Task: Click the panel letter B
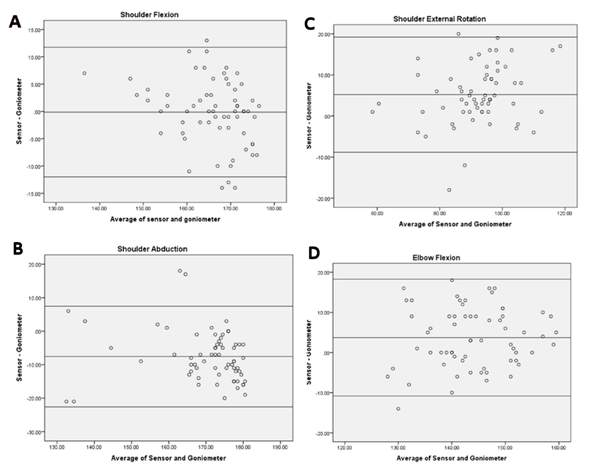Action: click(x=18, y=248)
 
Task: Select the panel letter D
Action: click(x=314, y=254)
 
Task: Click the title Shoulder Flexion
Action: click(x=149, y=15)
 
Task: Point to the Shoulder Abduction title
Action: click(x=152, y=249)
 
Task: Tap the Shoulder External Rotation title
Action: click(x=439, y=19)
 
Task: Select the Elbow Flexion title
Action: click(x=436, y=258)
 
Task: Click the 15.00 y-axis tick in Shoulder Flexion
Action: click(x=33, y=30)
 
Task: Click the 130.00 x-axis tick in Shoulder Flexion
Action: click(x=56, y=208)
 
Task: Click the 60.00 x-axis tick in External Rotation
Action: click(x=377, y=213)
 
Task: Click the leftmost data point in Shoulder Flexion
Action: click(x=84, y=73)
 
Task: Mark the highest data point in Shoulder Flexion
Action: click(x=207, y=40)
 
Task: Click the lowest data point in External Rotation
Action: click(x=449, y=190)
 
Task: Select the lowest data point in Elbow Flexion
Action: click(x=398, y=409)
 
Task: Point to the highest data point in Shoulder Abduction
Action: click(x=180, y=271)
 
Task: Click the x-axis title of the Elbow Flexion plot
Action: click(x=451, y=458)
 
